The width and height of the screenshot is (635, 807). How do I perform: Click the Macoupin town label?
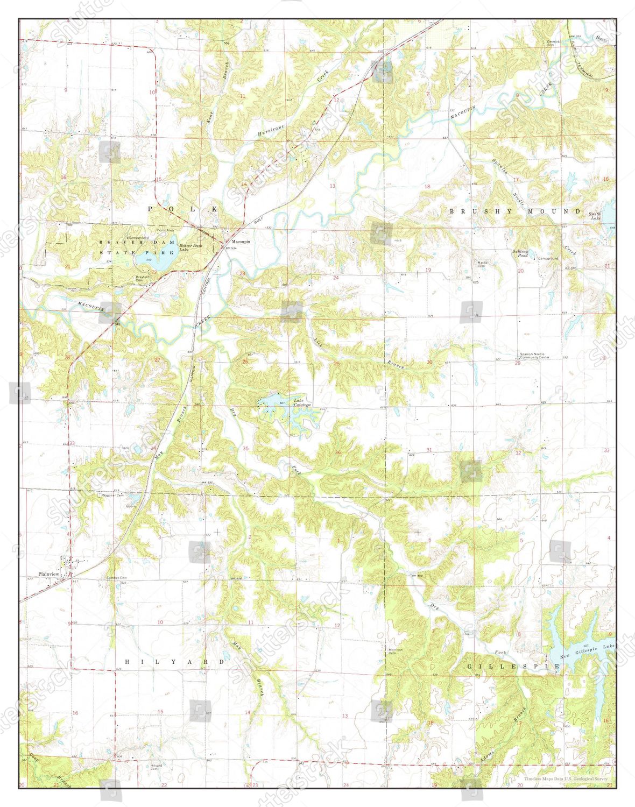click(241, 242)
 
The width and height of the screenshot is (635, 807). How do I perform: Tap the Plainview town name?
click(48, 574)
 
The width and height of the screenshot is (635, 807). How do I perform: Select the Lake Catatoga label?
click(302, 402)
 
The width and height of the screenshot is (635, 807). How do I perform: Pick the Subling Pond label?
click(520, 253)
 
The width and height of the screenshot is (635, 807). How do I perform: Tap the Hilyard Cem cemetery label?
click(156, 767)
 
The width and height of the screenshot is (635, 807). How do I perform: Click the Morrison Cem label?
click(396, 652)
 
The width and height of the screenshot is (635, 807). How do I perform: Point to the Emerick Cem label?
click(554, 43)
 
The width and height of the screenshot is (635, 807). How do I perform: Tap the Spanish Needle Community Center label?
click(534, 356)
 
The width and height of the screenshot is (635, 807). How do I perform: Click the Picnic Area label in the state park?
click(165, 230)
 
